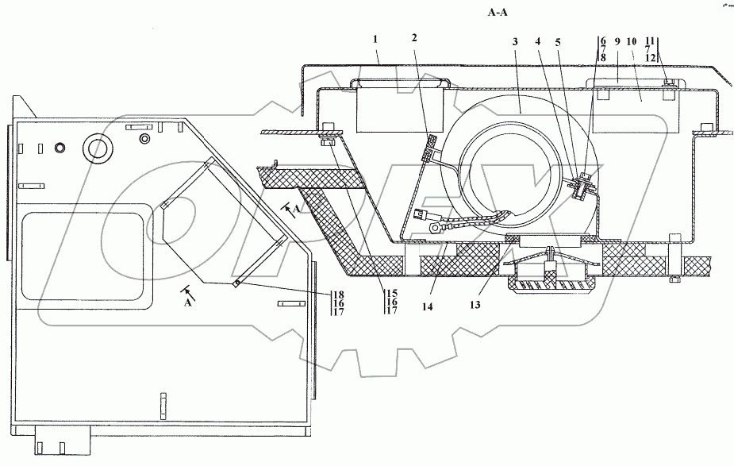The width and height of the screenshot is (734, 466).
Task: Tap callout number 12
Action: pyautogui.click(x=651, y=57)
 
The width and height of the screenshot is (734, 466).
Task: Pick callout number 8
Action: pyautogui.click(x=603, y=57)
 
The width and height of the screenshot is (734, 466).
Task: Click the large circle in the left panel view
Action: pyautogui.click(x=98, y=148)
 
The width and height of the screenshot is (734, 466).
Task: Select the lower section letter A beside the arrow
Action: pyautogui.click(x=186, y=303)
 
